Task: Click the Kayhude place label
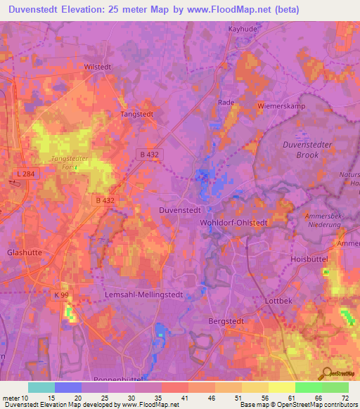click(244, 30)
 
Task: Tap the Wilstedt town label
click(98, 67)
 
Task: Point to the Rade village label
click(226, 102)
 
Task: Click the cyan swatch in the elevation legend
click(41, 387)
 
